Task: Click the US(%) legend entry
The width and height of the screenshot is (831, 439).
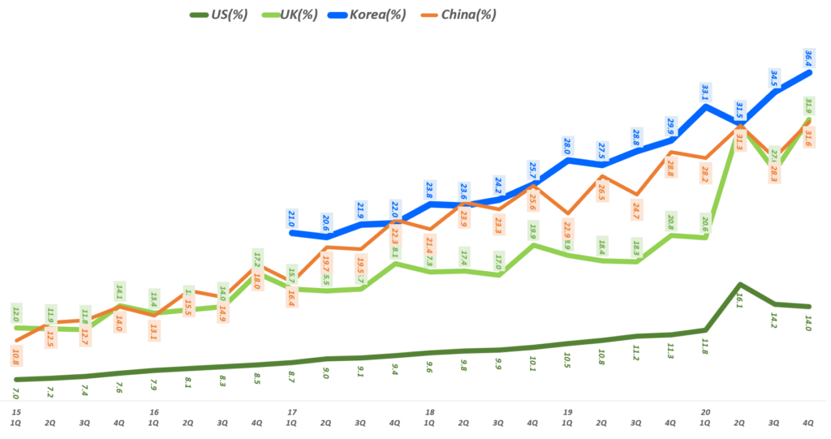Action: click(218, 15)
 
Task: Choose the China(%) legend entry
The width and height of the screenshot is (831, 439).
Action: click(463, 15)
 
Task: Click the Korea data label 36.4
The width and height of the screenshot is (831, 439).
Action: click(807, 58)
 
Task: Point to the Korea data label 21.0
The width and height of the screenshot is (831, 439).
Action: click(292, 218)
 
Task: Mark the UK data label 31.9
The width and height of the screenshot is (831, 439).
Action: click(809, 106)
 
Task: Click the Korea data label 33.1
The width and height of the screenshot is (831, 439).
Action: click(705, 92)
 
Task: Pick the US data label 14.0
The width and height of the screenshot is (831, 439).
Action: click(808, 323)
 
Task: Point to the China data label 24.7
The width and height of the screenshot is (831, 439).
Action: click(635, 212)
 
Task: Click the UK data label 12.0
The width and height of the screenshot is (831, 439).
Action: click(15, 313)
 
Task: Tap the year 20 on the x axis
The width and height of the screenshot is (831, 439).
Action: click(705, 412)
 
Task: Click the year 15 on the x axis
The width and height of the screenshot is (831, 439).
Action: click(15, 412)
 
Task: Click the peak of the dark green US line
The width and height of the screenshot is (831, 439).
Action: click(739, 284)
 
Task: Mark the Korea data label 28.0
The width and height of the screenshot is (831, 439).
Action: click(567, 146)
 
